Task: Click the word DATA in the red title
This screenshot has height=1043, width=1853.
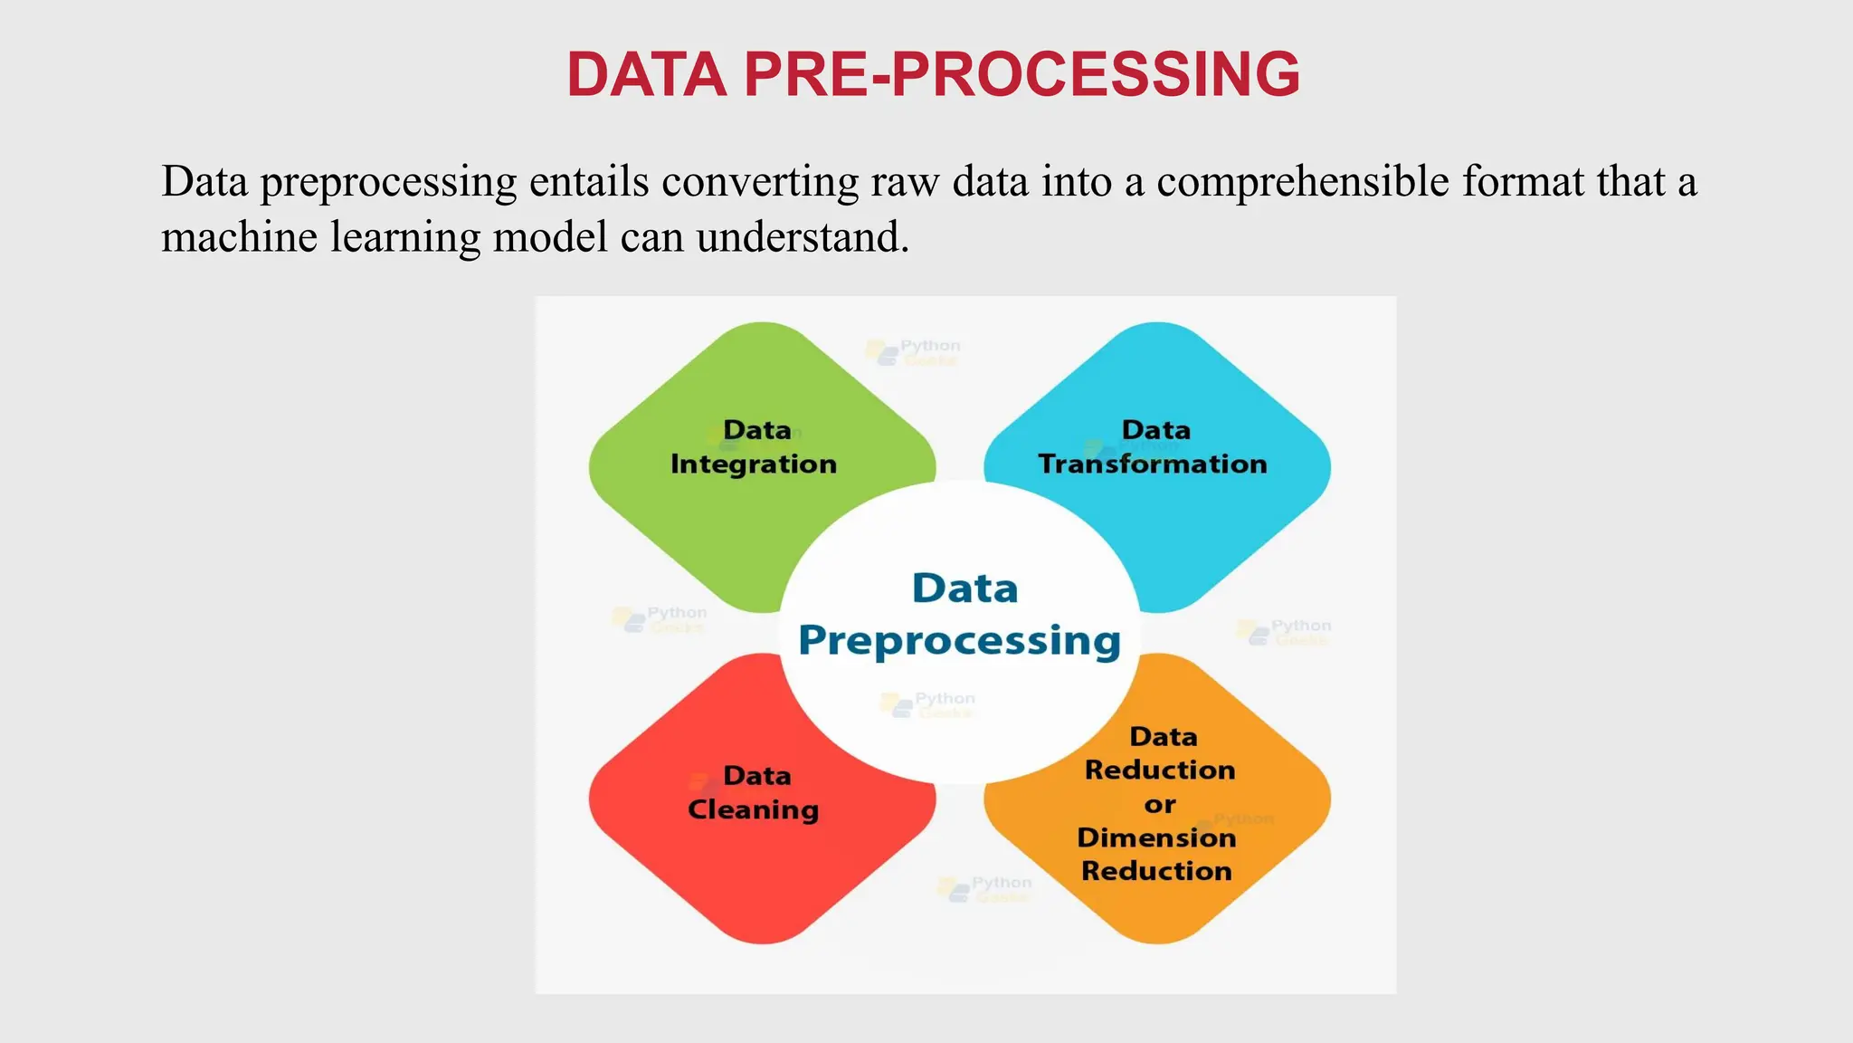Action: coord(646,74)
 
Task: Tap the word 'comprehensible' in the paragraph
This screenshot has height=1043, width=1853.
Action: coord(1303,182)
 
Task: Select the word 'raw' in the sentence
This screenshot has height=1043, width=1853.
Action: coord(906,182)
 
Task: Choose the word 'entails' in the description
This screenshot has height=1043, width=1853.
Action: coord(589,182)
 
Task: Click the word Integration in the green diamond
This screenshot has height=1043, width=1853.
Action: coord(754,464)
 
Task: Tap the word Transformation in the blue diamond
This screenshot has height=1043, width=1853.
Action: coord(1153,464)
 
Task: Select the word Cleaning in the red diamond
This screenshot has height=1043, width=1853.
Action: coord(754,809)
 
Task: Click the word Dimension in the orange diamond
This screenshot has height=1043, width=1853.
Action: coord(1156,837)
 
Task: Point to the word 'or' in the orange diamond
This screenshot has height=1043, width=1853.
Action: coord(1160,804)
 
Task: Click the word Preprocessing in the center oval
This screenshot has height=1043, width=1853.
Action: coord(960,641)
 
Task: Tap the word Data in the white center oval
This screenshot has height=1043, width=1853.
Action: coord(965,588)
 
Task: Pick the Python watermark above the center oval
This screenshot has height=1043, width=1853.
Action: coord(914,351)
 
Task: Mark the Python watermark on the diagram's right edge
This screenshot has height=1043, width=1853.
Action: coord(1285,631)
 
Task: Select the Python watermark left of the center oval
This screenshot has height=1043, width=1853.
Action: coord(660,618)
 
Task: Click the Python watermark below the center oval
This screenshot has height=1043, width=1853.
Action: coord(986,888)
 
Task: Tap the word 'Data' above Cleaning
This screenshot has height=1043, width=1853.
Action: coord(757,776)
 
